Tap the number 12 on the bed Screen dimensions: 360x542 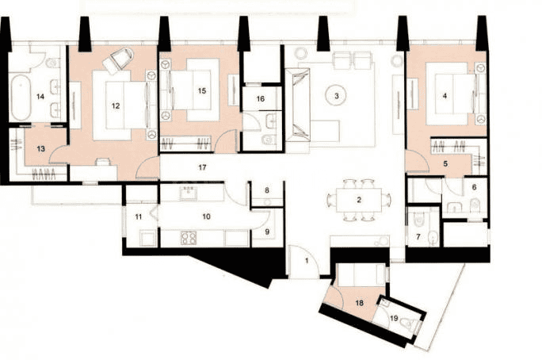116,105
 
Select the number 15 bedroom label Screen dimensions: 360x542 202,91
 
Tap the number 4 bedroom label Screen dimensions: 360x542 445,96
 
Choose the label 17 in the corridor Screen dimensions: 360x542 203,167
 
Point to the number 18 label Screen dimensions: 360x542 359,304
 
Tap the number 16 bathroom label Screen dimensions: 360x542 261,99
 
